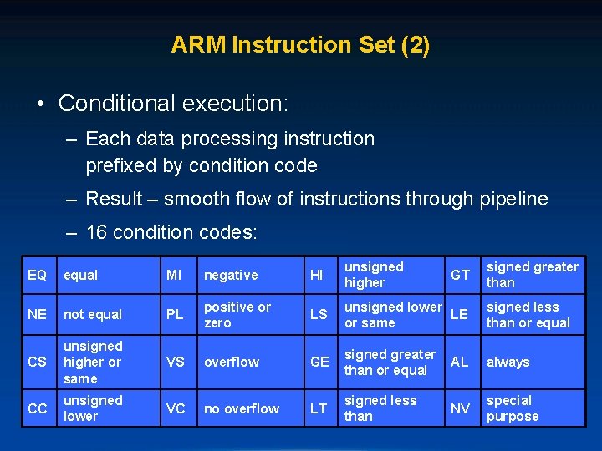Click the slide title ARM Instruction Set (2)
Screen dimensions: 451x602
point(300,44)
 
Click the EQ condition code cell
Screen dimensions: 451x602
point(37,275)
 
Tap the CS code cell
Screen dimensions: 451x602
point(37,362)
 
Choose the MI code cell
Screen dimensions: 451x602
point(175,275)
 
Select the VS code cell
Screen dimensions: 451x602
point(176,362)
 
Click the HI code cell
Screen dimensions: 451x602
point(317,275)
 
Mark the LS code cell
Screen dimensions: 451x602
point(319,314)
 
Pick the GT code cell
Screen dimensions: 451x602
point(461,275)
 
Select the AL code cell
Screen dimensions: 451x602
point(460,362)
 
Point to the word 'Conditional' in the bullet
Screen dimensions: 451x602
point(112,104)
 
